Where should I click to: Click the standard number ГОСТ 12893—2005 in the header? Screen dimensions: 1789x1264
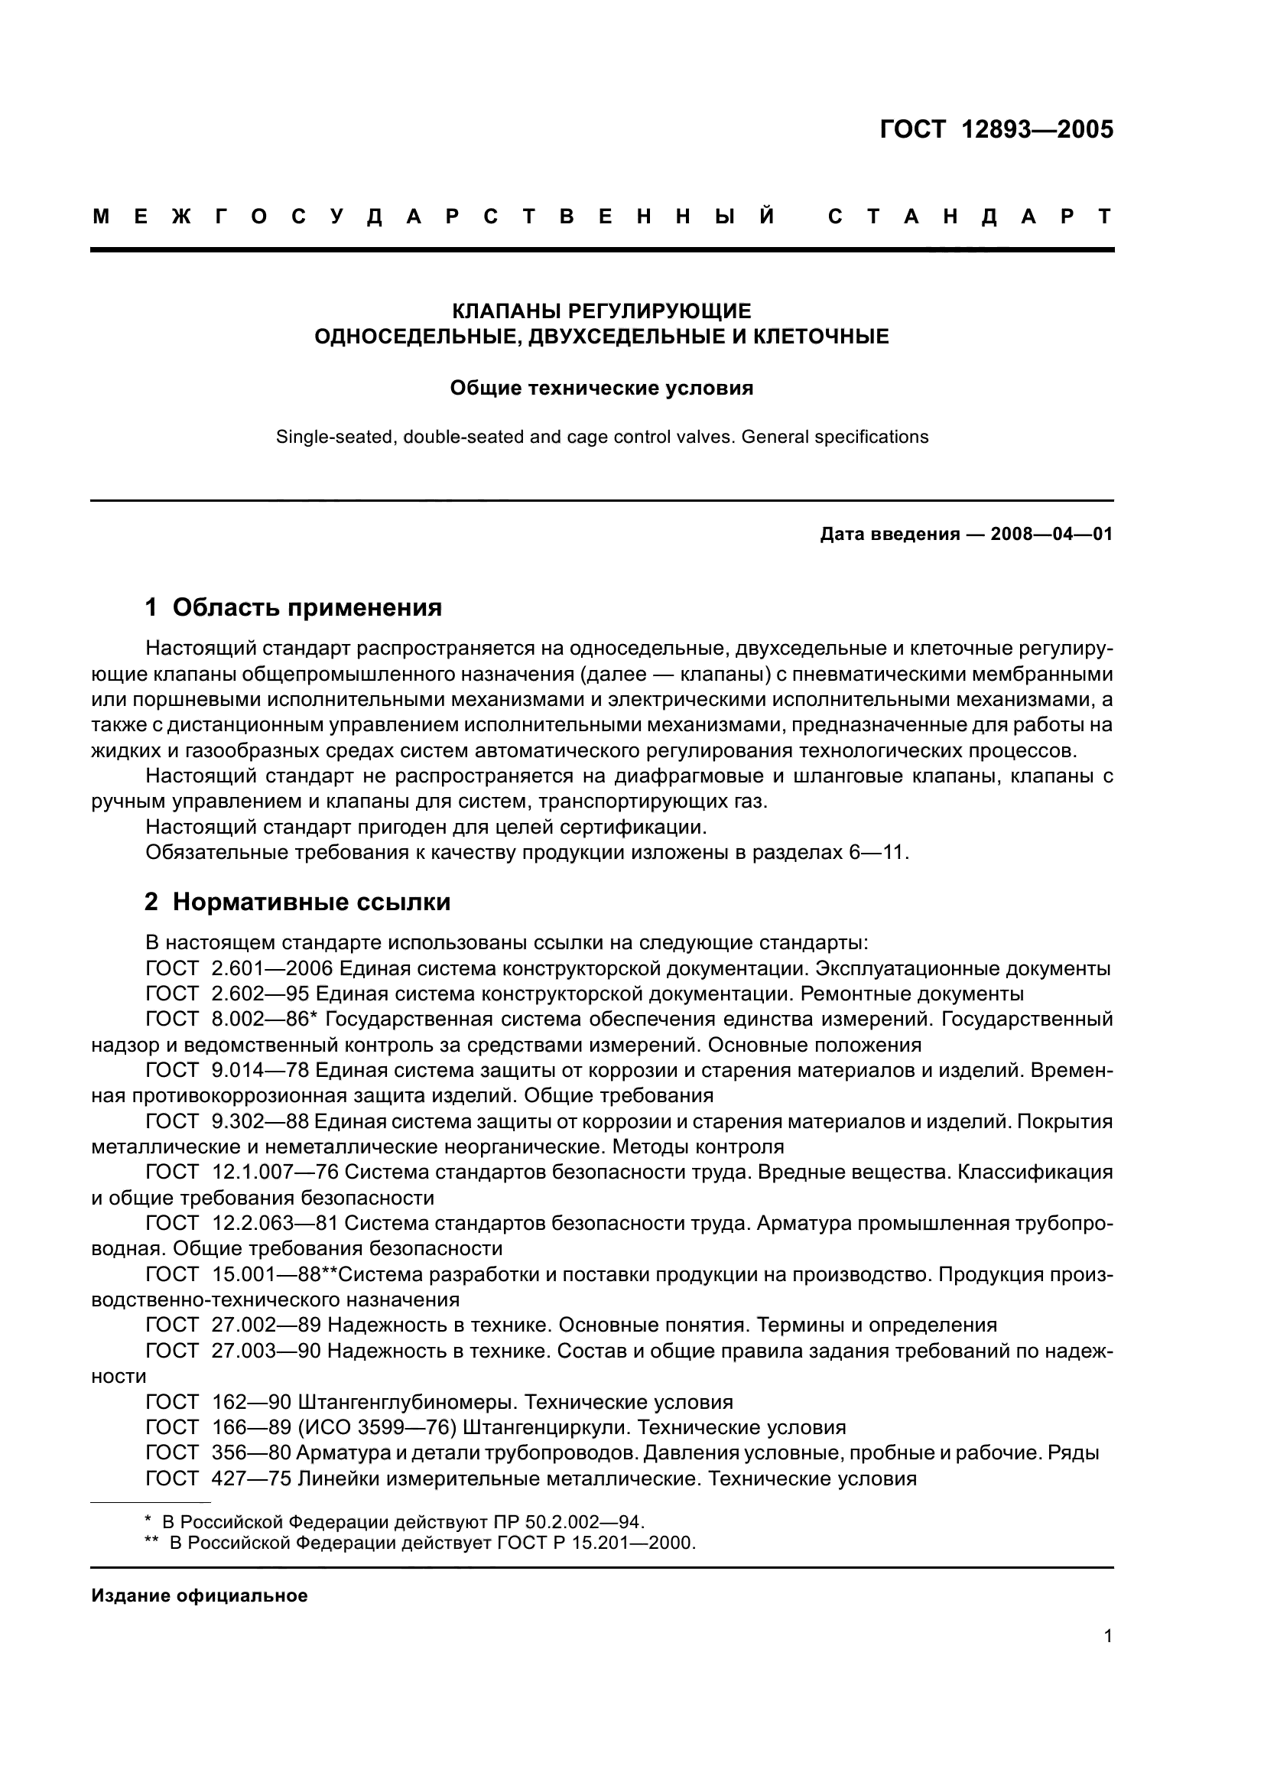[x=996, y=129]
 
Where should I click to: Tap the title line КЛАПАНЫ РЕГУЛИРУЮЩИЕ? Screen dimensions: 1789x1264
[x=601, y=311]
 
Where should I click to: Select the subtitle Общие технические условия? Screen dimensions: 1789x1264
[x=601, y=388]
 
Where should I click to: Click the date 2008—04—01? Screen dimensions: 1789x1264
[x=1051, y=535]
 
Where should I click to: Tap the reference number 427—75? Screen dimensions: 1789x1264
[x=251, y=1478]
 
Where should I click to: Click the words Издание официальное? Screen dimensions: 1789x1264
[x=200, y=1595]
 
